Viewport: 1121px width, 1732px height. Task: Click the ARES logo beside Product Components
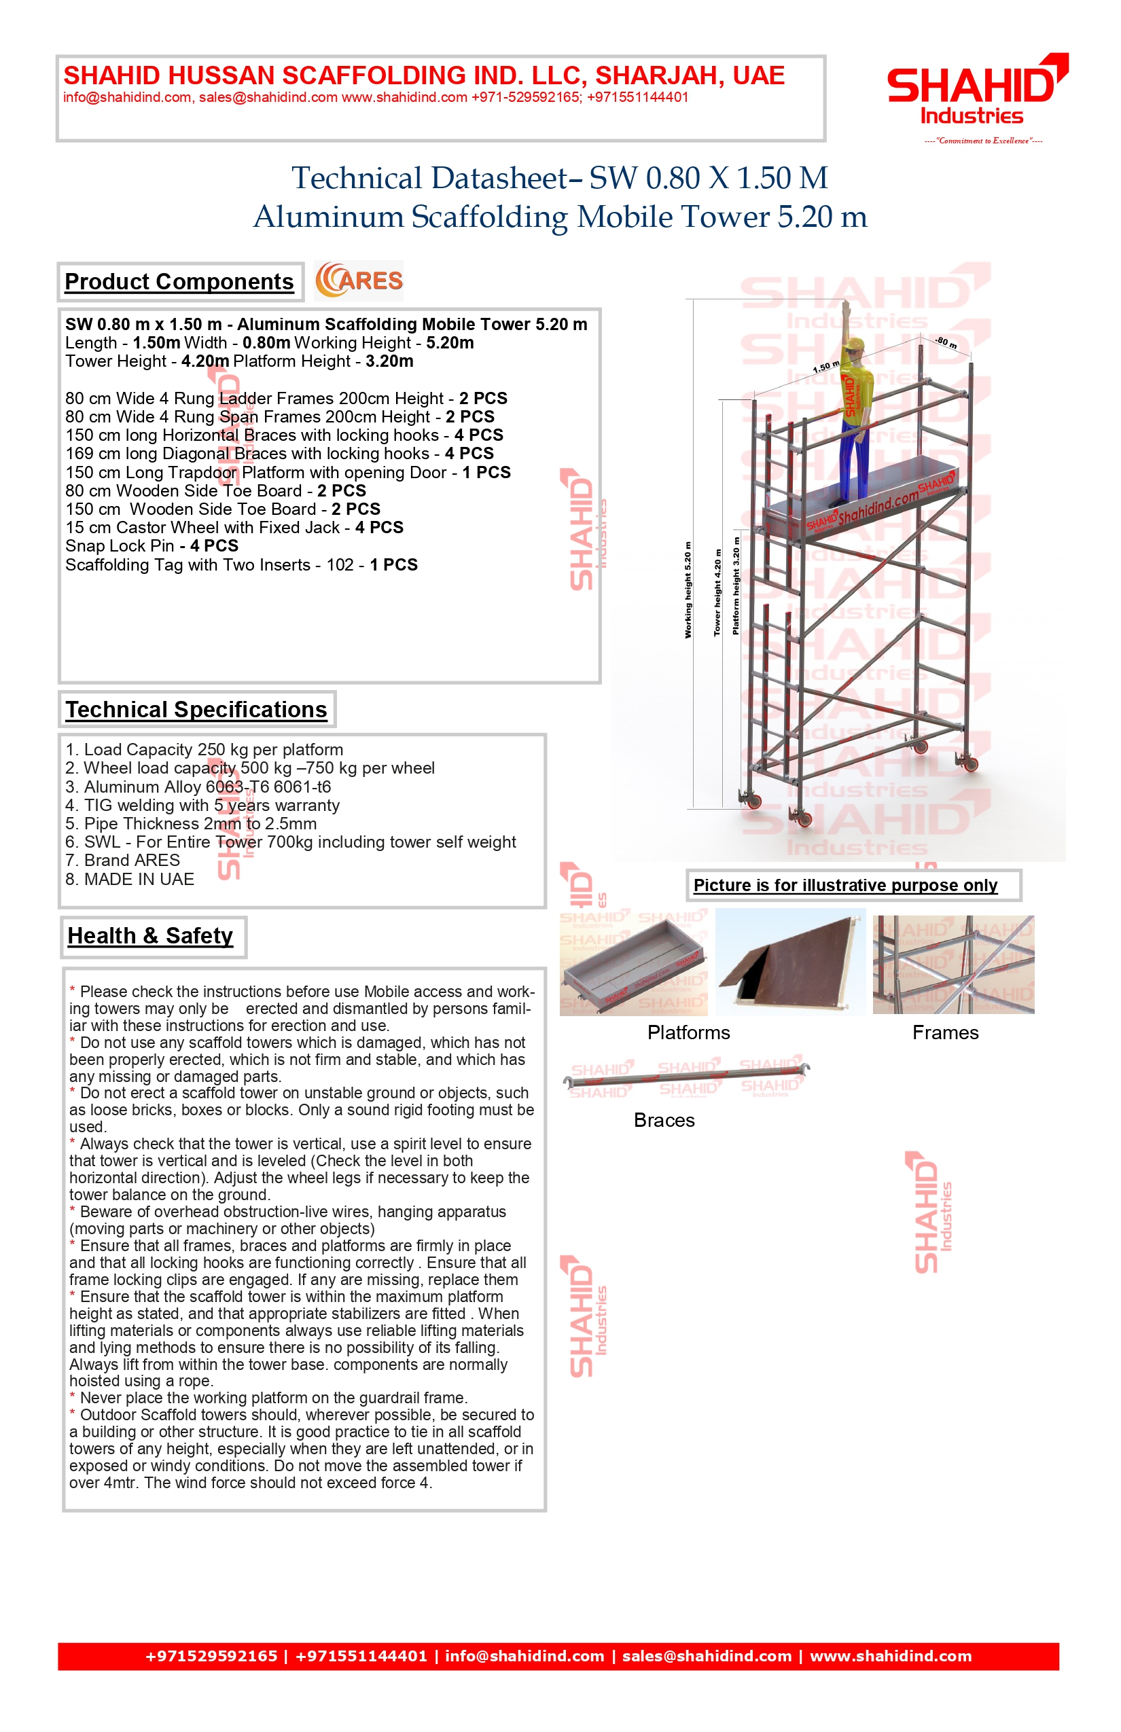point(359,281)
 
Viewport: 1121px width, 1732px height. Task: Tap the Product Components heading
point(179,282)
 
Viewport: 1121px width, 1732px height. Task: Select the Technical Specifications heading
point(196,710)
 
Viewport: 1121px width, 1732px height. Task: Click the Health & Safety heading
point(151,936)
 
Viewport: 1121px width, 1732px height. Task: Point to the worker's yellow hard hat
point(853,344)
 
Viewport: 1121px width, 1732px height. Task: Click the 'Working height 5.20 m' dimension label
point(688,590)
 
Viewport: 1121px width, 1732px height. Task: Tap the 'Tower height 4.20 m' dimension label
point(717,592)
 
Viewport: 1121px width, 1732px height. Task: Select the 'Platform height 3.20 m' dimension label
point(736,585)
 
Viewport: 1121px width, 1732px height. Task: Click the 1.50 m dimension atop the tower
point(825,367)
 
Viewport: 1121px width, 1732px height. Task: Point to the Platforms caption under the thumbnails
point(689,1032)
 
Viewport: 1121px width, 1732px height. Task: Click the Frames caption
point(946,1032)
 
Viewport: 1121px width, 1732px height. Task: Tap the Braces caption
point(664,1120)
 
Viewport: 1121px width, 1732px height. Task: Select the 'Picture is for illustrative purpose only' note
point(845,885)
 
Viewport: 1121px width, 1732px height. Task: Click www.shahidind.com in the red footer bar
point(890,1656)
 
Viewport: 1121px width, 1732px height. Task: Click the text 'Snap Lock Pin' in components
point(120,546)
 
